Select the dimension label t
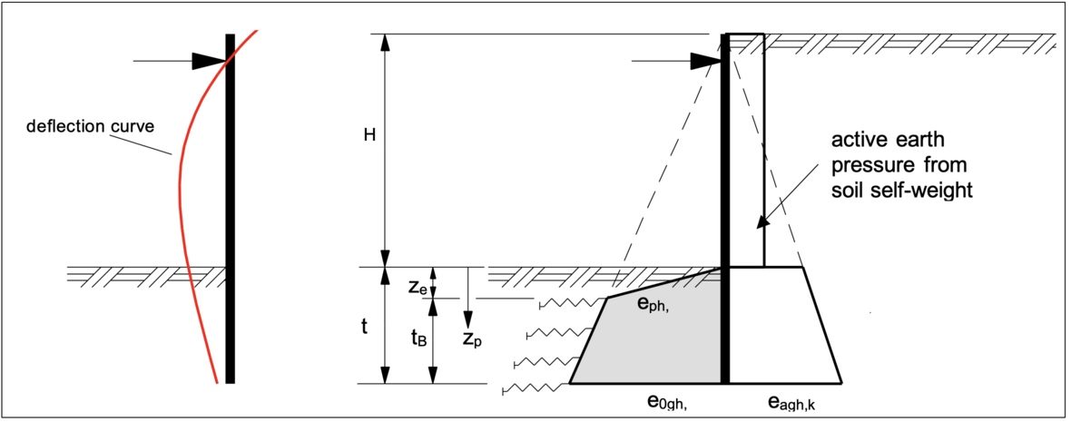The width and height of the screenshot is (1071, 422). [364, 326]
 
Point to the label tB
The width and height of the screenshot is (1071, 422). [418, 338]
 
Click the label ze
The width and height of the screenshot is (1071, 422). [417, 287]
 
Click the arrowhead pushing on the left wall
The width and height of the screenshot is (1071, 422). [210, 61]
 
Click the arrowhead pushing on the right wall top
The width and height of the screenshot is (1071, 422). [704, 61]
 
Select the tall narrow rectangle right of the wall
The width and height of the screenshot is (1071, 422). [747, 150]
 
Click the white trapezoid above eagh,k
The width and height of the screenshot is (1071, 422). [781, 327]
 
